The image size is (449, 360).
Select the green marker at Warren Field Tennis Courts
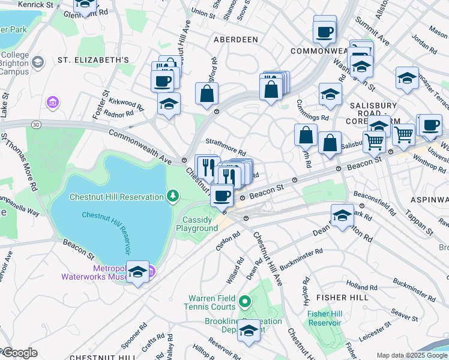coord(244,301)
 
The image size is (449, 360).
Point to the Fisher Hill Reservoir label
coord(324,318)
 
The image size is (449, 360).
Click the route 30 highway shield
coord(37,124)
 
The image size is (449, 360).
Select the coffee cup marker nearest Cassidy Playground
coord(222,195)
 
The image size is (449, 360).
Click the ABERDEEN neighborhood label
coord(236,39)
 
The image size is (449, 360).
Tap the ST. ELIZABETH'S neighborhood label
coord(93,60)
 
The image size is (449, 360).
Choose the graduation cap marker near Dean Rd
coord(342,215)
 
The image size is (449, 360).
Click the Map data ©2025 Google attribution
coord(412,355)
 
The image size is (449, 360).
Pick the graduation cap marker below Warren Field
coord(249,331)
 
